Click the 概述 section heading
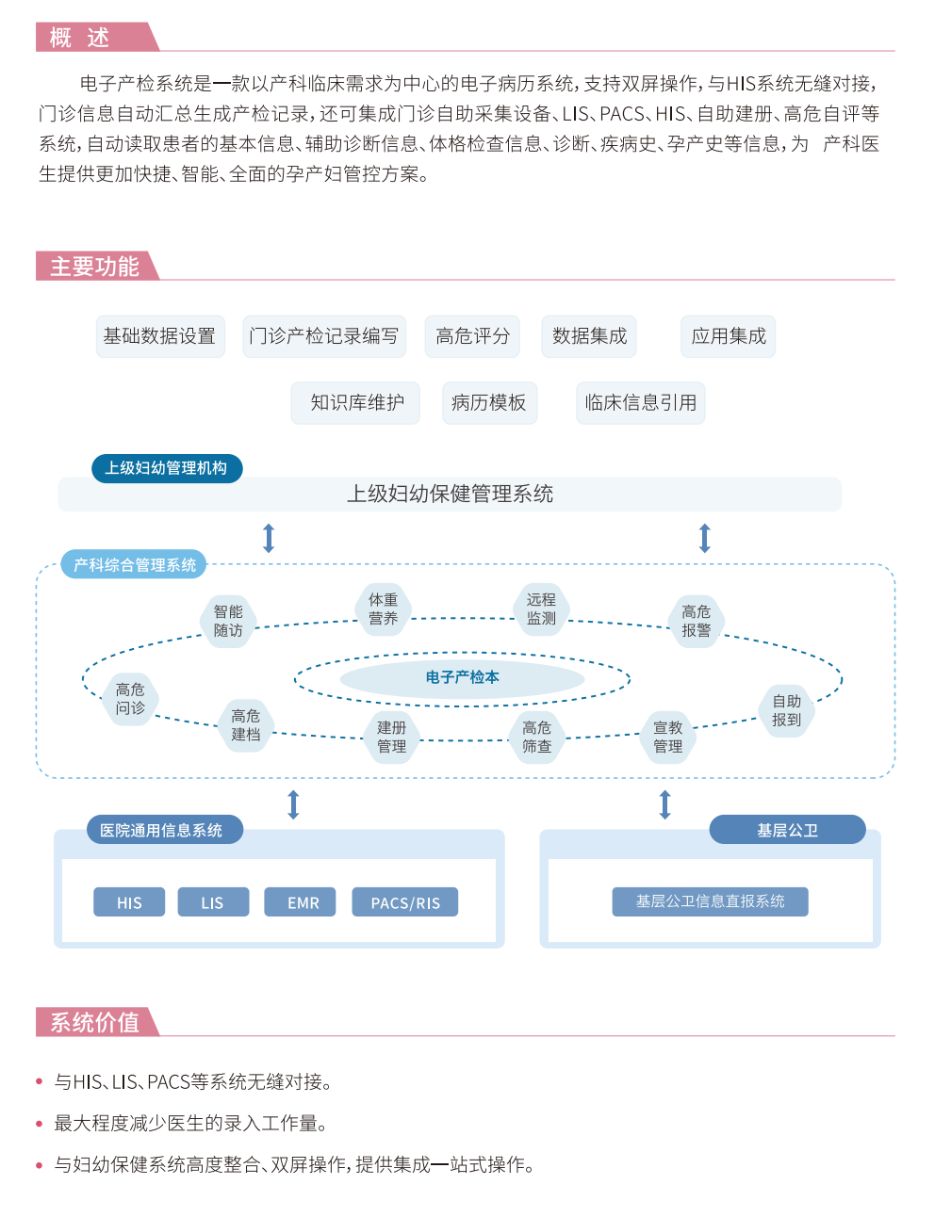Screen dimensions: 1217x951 (x=81, y=38)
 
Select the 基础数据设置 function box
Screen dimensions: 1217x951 (x=160, y=336)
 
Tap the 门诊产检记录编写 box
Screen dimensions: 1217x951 (x=324, y=336)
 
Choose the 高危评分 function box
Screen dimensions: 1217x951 (x=472, y=336)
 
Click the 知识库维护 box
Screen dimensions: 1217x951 (x=356, y=403)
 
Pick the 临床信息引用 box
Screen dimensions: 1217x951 (x=640, y=403)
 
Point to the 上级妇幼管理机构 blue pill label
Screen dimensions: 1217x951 (x=166, y=468)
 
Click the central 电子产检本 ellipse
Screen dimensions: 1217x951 (x=462, y=677)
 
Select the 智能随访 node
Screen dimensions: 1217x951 (x=228, y=621)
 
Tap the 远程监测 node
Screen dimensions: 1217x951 (x=541, y=609)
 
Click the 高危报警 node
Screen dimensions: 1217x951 (x=697, y=621)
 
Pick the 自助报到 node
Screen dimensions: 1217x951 (x=786, y=710)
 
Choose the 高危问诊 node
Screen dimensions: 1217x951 (x=130, y=699)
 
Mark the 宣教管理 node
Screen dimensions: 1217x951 (x=668, y=737)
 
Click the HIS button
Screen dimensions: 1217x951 (x=129, y=902)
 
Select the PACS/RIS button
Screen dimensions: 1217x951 (x=405, y=902)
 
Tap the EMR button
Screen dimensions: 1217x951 (x=303, y=902)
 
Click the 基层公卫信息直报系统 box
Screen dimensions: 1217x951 (x=710, y=901)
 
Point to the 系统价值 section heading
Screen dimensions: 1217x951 (x=94, y=1022)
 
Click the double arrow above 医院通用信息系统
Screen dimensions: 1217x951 (x=293, y=804)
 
